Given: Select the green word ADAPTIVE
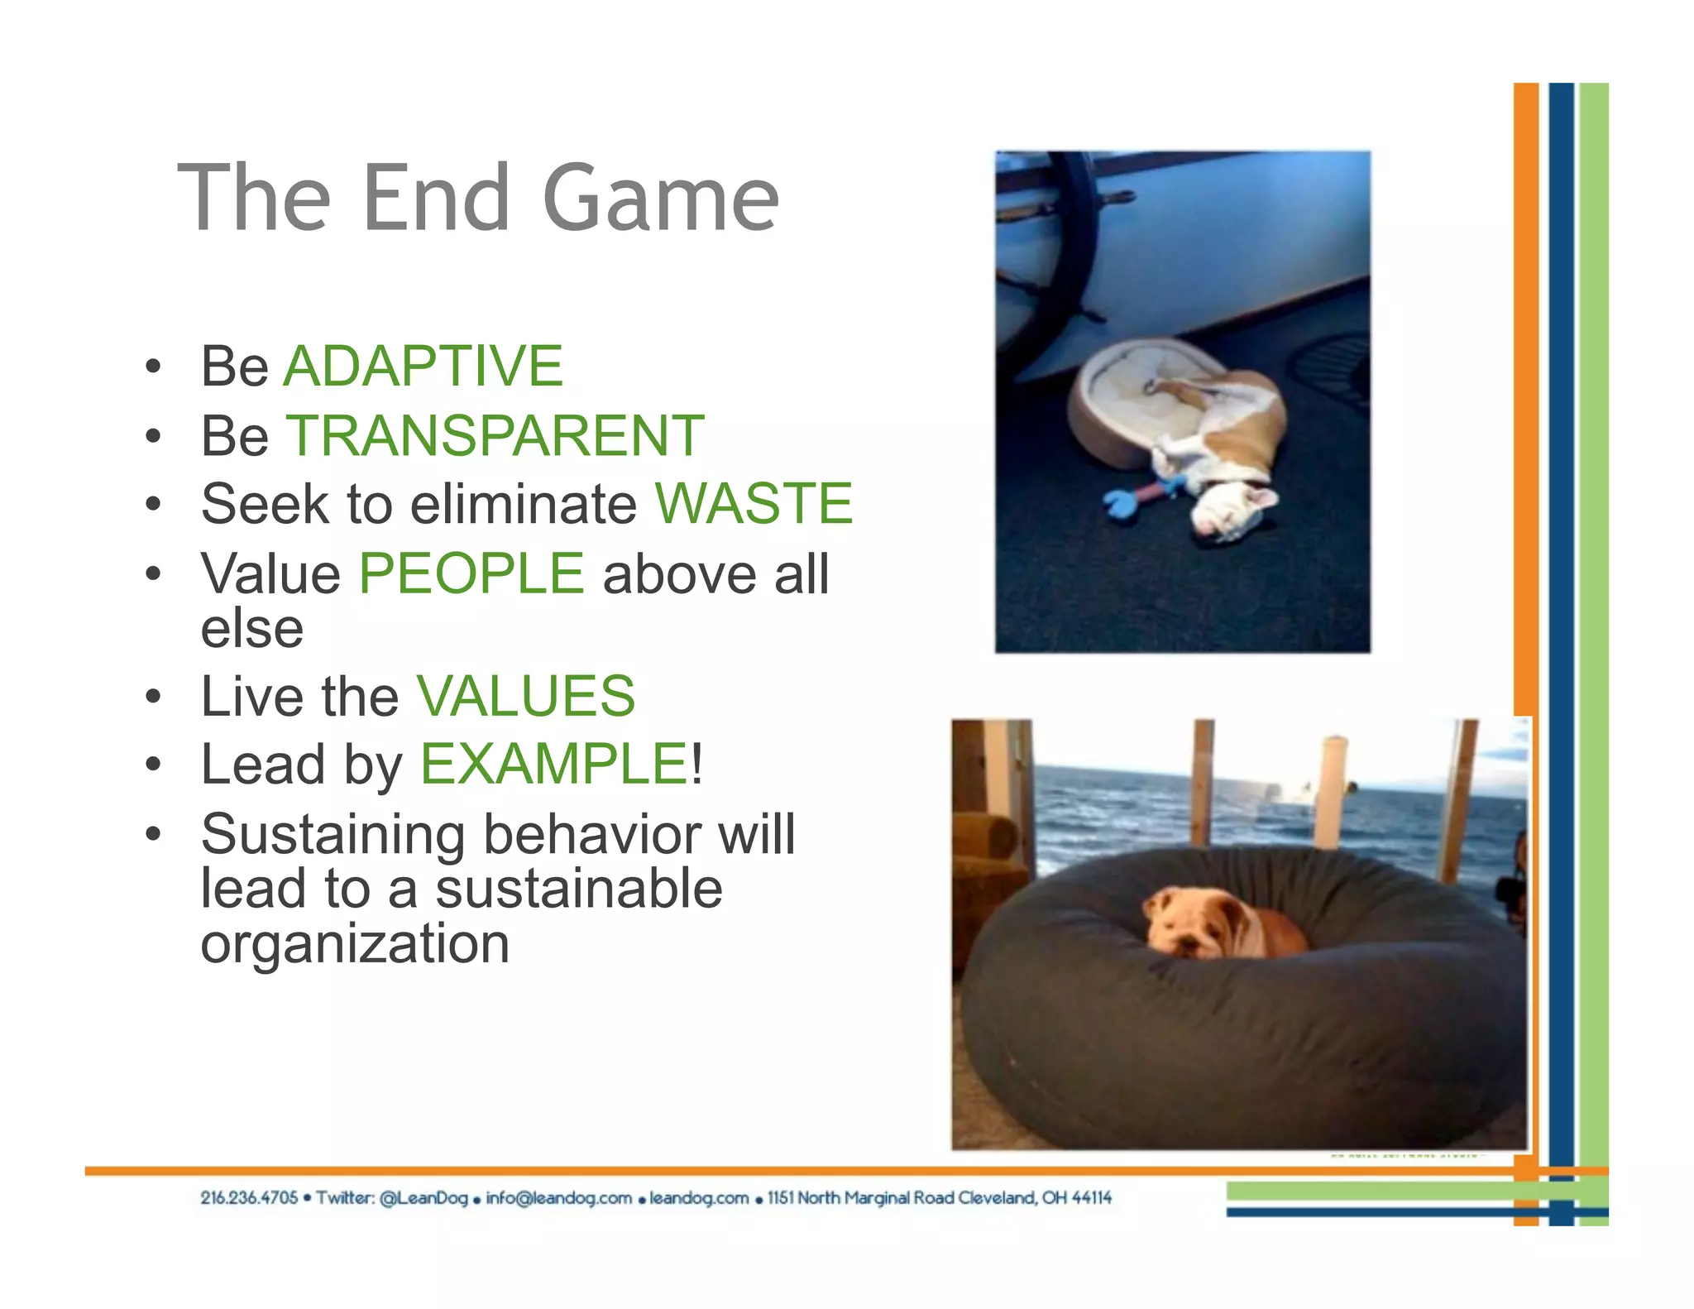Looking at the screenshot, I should click(x=423, y=366).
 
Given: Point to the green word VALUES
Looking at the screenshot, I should click(x=526, y=696).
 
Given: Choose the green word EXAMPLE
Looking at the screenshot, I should click(x=555, y=763).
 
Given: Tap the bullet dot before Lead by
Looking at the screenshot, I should click(x=153, y=765).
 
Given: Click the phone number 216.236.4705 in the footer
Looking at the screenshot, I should click(x=248, y=1198).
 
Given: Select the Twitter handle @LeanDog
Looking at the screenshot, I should click(x=423, y=1198).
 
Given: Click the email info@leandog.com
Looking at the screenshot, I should click(x=558, y=1198).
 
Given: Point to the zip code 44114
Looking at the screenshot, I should click(x=1091, y=1198).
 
